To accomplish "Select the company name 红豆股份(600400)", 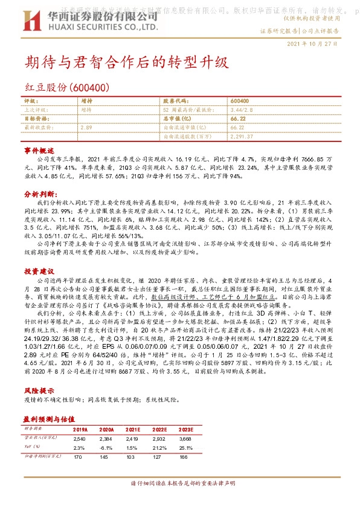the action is click(66, 88).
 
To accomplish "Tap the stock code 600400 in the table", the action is click(240, 101).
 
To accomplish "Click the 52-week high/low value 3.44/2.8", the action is click(242, 110).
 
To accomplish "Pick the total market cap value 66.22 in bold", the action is click(237, 119).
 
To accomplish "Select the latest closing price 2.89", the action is click(86, 128).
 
